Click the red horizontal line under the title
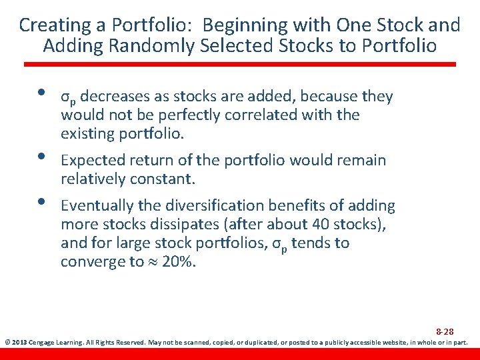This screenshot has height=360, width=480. pyautogui.click(x=240, y=65)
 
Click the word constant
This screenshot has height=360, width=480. pyautogui.click(x=162, y=179)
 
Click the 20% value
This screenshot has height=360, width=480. pyautogui.click(x=179, y=261)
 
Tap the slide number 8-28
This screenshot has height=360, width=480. pyautogui.click(x=445, y=331)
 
